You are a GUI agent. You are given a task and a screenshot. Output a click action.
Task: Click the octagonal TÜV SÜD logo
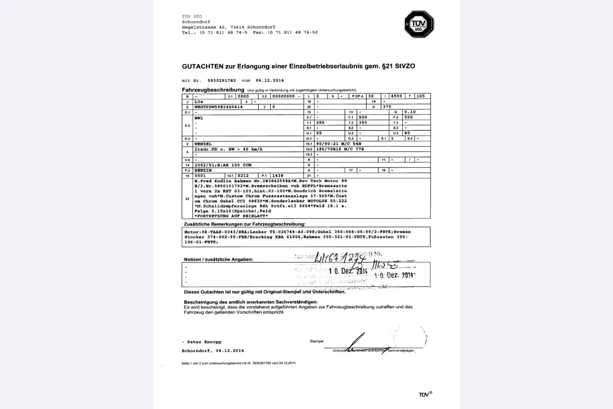coord(419,24)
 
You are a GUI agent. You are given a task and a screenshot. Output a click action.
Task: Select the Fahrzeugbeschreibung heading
coord(213,90)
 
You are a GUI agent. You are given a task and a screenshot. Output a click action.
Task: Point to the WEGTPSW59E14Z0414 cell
coord(218,107)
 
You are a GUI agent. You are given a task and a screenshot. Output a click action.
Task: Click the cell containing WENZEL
coord(203,144)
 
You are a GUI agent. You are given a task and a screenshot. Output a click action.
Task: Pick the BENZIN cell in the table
coord(203,170)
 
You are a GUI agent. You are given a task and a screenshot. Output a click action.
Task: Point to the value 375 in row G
coord(386,107)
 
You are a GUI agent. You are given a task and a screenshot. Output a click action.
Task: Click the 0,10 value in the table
coord(410,112)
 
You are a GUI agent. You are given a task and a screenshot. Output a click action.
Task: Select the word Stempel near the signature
coord(317,341)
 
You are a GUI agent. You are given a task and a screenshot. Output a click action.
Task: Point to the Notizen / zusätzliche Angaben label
coord(218,259)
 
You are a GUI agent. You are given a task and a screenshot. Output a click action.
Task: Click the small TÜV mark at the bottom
coord(425,394)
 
